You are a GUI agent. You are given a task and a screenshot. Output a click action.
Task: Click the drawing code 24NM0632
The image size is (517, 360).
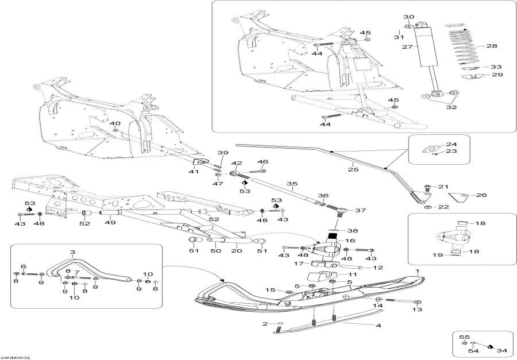[x=16, y=357]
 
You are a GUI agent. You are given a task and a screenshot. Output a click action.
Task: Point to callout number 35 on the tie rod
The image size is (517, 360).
[x=292, y=185]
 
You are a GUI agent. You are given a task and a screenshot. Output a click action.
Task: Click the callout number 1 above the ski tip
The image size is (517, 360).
[x=418, y=270]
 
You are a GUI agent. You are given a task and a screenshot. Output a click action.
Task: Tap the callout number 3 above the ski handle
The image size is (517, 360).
[x=73, y=252]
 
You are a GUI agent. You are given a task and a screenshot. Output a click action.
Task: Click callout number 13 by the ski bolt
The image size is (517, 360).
[x=416, y=309]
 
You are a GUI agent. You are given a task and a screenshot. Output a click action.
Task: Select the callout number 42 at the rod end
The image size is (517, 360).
[x=237, y=163]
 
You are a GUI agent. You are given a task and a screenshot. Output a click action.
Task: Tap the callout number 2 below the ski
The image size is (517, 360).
[x=265, y=324]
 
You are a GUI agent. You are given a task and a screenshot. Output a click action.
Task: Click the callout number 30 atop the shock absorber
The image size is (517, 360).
[x=408, y=17]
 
